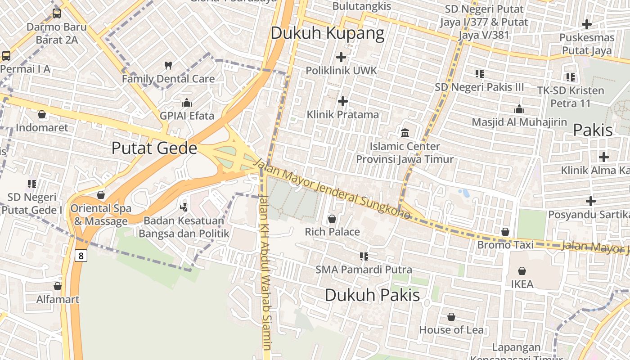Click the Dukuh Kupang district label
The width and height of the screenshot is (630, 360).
328,33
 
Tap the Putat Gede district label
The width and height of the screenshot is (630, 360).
154,148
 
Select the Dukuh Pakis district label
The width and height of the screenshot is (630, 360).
372,295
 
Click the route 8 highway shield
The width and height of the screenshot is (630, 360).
81,256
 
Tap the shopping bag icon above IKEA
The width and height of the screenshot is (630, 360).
522,271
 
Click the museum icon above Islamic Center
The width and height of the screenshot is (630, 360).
405,133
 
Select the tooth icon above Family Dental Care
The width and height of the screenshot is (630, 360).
168,66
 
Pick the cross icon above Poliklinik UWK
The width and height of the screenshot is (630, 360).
341,57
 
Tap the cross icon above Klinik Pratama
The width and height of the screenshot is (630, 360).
343,101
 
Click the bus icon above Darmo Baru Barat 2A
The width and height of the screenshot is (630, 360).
56,13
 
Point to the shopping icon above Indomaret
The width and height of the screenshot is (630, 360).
42,115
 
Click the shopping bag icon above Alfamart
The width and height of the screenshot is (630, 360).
58,286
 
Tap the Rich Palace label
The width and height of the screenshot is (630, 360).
333,232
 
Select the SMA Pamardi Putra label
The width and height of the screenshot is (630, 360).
364,270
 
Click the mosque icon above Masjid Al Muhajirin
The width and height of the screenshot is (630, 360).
519,109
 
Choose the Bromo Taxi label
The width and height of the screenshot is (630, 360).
505,245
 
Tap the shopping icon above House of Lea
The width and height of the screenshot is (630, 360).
451,317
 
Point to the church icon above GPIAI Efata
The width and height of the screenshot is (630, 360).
187,103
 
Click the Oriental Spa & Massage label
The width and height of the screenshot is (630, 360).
101,215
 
